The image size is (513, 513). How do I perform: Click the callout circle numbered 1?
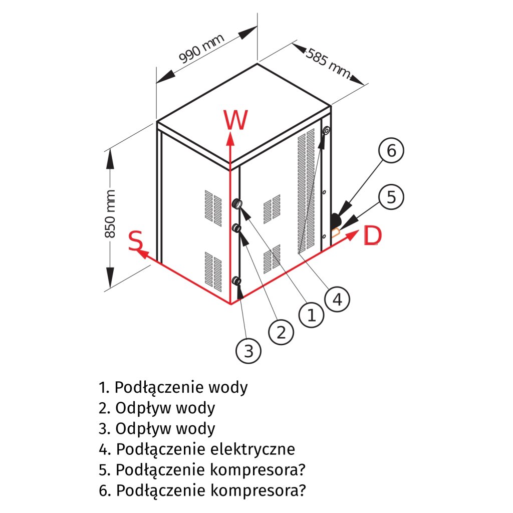pyautogui.click(x=311, y=315)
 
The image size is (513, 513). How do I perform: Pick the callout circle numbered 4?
pyautogui.click(x=337, y=299)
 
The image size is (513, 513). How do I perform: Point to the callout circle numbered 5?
pyautogui.click(x=391, y=197)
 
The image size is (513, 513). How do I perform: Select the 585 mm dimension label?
pyautogui.click(x=328, y=64)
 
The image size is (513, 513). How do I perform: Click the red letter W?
pyautogui.click(x=235, y=120)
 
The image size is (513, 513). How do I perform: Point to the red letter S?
pyautogui.click(x=135, y=241)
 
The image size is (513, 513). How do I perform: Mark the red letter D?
pyautogui.click(x=371, y=236)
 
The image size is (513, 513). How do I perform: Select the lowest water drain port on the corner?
pyautogui.click(x=237, y=282)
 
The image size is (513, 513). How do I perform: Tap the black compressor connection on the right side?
pyautogui.click(x=335, y=220)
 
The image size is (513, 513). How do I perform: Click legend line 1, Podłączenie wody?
pyautogui.click(x=173, y=387)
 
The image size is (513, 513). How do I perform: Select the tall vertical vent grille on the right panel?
pyautogui.click(x=306, y=190)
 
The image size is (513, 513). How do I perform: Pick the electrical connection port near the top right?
pyautogui.click(x=326, y=131)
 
